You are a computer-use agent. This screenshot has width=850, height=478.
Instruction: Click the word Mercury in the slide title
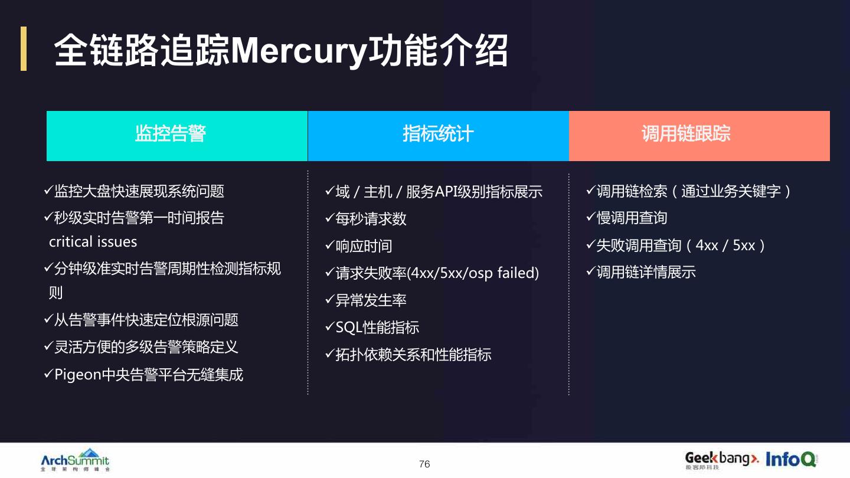tap(299, 51)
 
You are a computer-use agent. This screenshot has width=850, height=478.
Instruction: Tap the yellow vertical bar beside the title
tap(24, 48)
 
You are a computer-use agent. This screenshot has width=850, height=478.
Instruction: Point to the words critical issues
tap(93, 242)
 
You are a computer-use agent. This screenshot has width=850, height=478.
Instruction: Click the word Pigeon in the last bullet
tap(78, 375)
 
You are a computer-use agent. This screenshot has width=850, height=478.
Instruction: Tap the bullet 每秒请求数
tap(371, 219)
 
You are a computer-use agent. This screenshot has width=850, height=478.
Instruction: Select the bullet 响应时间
tap(364, 246)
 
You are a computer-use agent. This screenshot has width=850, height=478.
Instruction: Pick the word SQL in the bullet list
tap(349, 328)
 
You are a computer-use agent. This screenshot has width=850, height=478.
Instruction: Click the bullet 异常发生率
tap(371, 300)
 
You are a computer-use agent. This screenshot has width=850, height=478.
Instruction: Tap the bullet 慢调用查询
tap(632, 218)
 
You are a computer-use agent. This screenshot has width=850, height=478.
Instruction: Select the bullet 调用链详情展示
tap(646, 272)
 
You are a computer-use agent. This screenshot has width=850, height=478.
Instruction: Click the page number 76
tap(424, 464)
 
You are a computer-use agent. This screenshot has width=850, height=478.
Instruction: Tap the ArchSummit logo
tap(75, 460)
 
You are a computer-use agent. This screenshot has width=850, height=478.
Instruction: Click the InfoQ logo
tap(791, 459)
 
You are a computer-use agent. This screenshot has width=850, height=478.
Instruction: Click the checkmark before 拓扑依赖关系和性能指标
tap(330, 354)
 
